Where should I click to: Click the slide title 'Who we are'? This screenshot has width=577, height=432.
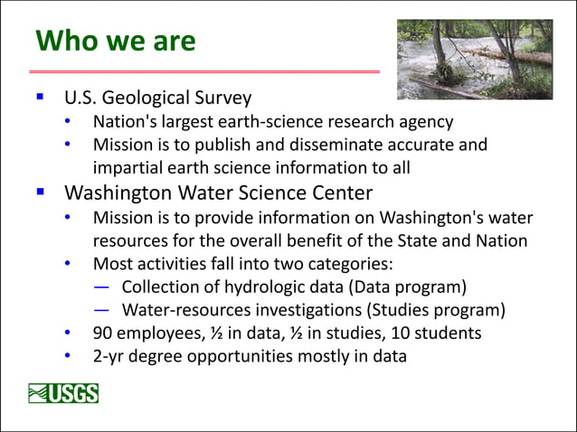click(115, 41)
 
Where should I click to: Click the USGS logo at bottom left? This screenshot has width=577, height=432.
click(63, 393)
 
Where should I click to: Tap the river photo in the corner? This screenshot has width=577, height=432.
click(474, 60)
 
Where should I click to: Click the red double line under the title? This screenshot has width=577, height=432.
click(204, 70)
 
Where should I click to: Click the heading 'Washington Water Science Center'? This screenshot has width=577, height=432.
click(217, 193)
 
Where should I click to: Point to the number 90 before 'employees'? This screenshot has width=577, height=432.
click(102, 333)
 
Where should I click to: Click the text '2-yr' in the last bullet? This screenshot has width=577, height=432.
click(110, 356)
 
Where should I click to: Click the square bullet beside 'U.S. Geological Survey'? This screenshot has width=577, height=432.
click(40, 96)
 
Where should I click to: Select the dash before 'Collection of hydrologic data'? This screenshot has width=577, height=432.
click(102, 287)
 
